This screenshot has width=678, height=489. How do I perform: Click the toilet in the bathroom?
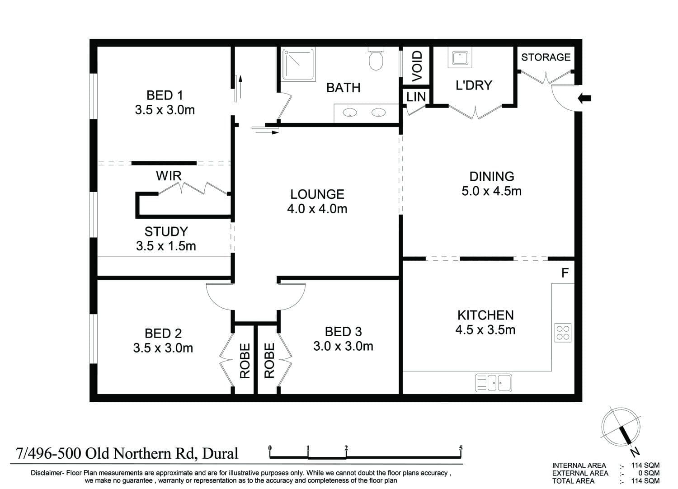click(x=376, y=59)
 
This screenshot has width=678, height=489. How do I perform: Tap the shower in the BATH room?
click(x=299, y=64)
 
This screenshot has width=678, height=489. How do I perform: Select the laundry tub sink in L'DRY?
click(x=460, y=57)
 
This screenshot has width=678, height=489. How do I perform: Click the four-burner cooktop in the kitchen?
click(x=563, y=333)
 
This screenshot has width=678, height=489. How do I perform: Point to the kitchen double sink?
click(x=494, y=382)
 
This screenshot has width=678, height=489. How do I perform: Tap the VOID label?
click(x=417, y=66)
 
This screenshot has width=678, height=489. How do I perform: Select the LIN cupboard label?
click(x=416, y=97)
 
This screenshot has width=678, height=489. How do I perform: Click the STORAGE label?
click(x=546, y=57)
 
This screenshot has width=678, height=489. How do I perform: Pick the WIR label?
click(x=169, y=176)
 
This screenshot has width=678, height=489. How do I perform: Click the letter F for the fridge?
click(x=565, y=273)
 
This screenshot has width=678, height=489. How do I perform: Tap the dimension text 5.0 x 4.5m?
click(x=491, y=191)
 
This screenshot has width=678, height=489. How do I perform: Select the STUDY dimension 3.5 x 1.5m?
click(x=166, y=246)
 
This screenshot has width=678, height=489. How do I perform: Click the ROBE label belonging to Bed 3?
click(x=269, y=360)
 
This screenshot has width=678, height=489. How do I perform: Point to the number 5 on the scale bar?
click(x=461, y=448)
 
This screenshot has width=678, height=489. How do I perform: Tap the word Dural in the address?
click(x=220, y=454)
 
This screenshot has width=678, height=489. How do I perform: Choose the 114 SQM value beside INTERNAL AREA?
click(x=645, y=465)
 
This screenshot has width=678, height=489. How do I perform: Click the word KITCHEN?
click(x=485, y=315)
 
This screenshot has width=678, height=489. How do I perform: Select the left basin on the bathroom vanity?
click(x=349, y=113)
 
